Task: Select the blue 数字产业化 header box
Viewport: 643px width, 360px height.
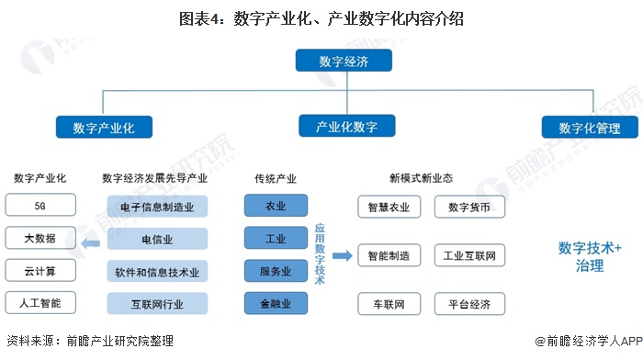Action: coord(102,128)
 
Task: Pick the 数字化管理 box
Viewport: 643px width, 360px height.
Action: coord(589,128)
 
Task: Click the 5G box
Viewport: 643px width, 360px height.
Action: coord(39,206)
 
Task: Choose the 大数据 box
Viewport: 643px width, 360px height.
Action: coord(39,238)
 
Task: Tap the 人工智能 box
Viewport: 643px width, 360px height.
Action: coord(39,302)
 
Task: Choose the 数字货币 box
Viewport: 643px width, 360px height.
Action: coord(469,206)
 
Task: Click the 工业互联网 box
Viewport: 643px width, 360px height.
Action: coord(469,255)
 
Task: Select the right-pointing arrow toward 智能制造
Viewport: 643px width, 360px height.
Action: coord(343,255)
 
